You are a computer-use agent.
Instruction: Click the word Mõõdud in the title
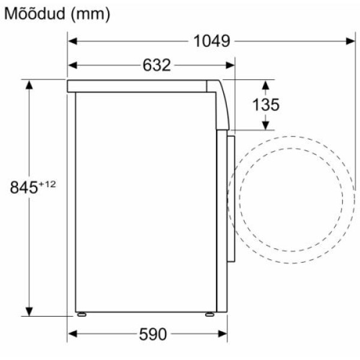(35, 14)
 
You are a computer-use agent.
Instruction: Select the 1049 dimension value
(212, 41)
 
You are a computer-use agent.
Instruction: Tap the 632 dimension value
(157, 65)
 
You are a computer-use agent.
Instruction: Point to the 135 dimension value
(266, 104)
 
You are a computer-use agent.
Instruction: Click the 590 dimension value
(153, 334)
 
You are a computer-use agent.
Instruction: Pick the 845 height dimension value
(23, 187)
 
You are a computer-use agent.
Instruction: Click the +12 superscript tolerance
(47, 184)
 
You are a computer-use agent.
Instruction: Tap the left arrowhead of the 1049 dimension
(73, 41)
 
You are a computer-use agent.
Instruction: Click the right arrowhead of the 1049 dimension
(350, 41)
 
